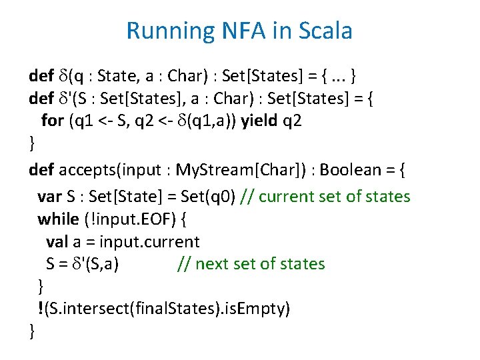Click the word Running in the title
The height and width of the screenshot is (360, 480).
point(167,31)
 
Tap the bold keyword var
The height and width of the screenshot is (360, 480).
point(50,196)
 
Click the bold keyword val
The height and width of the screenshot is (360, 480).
point(58,241)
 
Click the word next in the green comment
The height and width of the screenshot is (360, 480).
point(212,264)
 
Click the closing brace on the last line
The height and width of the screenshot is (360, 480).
point(32,331)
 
